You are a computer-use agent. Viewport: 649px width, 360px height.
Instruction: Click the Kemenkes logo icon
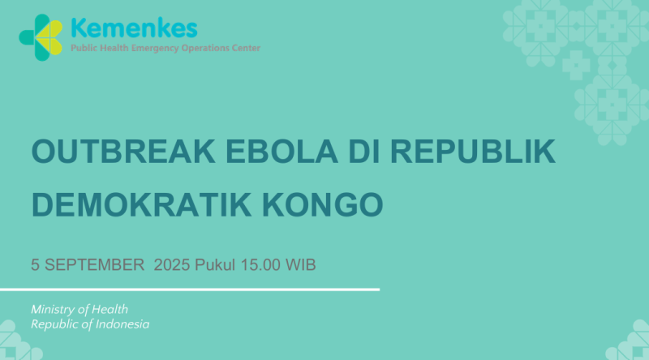pyautogui.click(x=41, y=37)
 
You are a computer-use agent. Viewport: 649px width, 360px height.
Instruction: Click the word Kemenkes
pyautogui.click(x=134, y=28)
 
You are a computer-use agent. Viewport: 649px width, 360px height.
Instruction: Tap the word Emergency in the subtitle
pyautogui.click(x=155, y=48)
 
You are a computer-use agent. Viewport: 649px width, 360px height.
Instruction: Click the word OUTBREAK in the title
pyautogui.click(x=123, y=152)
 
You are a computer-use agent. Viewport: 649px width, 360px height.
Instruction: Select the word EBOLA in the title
pyautogui.click(x=282, y=152)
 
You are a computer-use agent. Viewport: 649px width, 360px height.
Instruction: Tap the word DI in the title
pyautogui.click(x=363, y=152)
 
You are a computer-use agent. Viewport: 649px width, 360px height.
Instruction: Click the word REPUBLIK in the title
pyautogui.click(x=473, y=152)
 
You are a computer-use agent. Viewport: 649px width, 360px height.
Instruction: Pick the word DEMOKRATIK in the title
pyautogui.click(x=141, y=204)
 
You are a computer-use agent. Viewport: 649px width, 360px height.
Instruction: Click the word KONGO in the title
pyautogui.click(x=322, y=204)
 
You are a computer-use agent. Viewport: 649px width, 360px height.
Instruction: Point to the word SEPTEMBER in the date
pyautogui.click(x=94, y=265)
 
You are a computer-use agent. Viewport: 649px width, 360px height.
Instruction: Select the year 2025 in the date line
pyautogui.click(x=172, y=265)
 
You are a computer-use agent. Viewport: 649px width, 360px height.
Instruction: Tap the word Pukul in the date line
pyautogui.click(x=215, y=265)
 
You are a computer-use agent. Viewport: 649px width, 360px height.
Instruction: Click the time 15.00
pyautogui.click(x=260, y=265)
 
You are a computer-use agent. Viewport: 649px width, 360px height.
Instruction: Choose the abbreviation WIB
pyautogui.click(x=300, y=265)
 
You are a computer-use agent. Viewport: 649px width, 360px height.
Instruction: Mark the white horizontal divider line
pyautogui.click(x=190, y=289)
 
